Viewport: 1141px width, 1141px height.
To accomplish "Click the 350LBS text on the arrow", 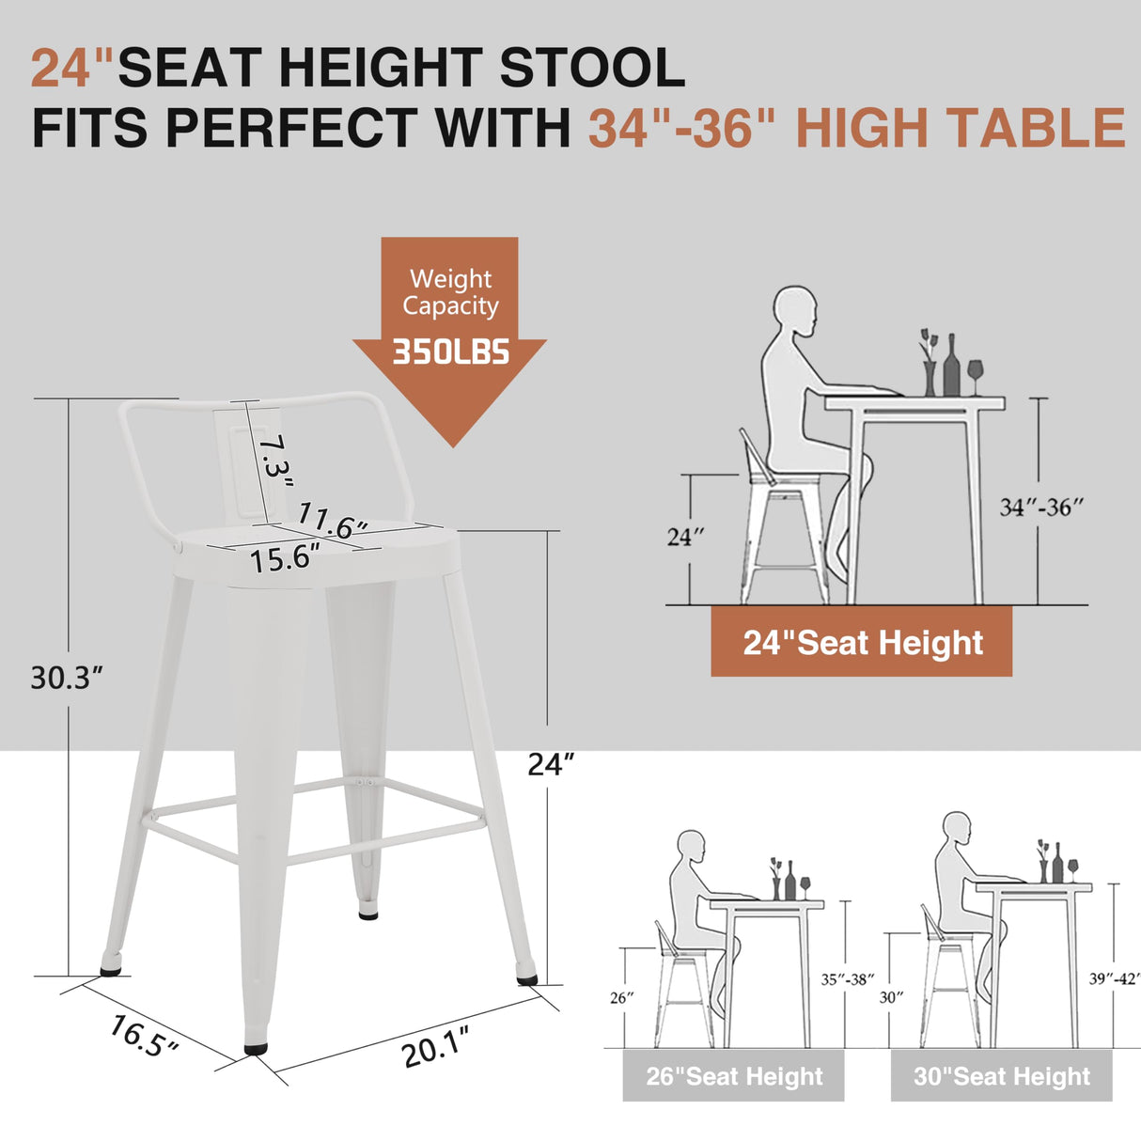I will click(x=450, y=352).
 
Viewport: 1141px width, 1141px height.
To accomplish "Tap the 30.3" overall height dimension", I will click(x=66, y=677).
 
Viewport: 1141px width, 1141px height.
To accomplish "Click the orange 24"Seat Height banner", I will click(x=862, y=643).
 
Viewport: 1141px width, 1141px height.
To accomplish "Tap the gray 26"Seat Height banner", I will click(x=733, y=1076).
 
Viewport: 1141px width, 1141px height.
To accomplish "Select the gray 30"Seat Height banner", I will click(x=1001, y=1076).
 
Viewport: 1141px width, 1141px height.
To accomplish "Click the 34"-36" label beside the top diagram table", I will click(x=1041, y=508).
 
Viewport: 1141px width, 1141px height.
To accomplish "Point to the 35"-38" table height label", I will click(x=848, y=979).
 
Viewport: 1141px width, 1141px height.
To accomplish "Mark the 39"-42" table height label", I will click(x=1115, y=979).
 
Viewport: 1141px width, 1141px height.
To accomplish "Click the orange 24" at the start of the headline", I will click(x=72, y=69).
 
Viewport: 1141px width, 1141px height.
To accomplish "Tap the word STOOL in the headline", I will click(x=591, y=69).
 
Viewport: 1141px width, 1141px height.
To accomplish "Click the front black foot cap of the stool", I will click(x=255, y=1045).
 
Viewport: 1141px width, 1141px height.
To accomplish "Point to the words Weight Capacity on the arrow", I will click(x=450, y=292).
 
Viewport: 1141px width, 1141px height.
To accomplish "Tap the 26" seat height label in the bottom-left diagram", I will click(x=621, y=997).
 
